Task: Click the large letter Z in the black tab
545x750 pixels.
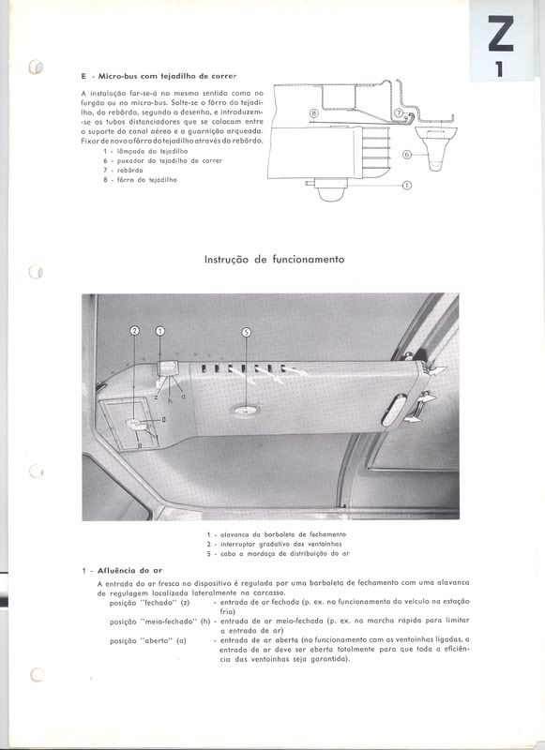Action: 501,37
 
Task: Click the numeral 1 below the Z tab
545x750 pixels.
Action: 500,68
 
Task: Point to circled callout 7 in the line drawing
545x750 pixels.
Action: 399,113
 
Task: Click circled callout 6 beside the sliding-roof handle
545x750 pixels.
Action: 407,153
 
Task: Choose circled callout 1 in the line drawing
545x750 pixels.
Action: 407,186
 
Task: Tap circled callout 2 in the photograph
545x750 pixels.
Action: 134,331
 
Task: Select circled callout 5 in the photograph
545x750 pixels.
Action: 247,332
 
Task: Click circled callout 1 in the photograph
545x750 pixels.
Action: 159,331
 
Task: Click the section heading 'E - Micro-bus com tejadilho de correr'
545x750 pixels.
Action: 159,74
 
